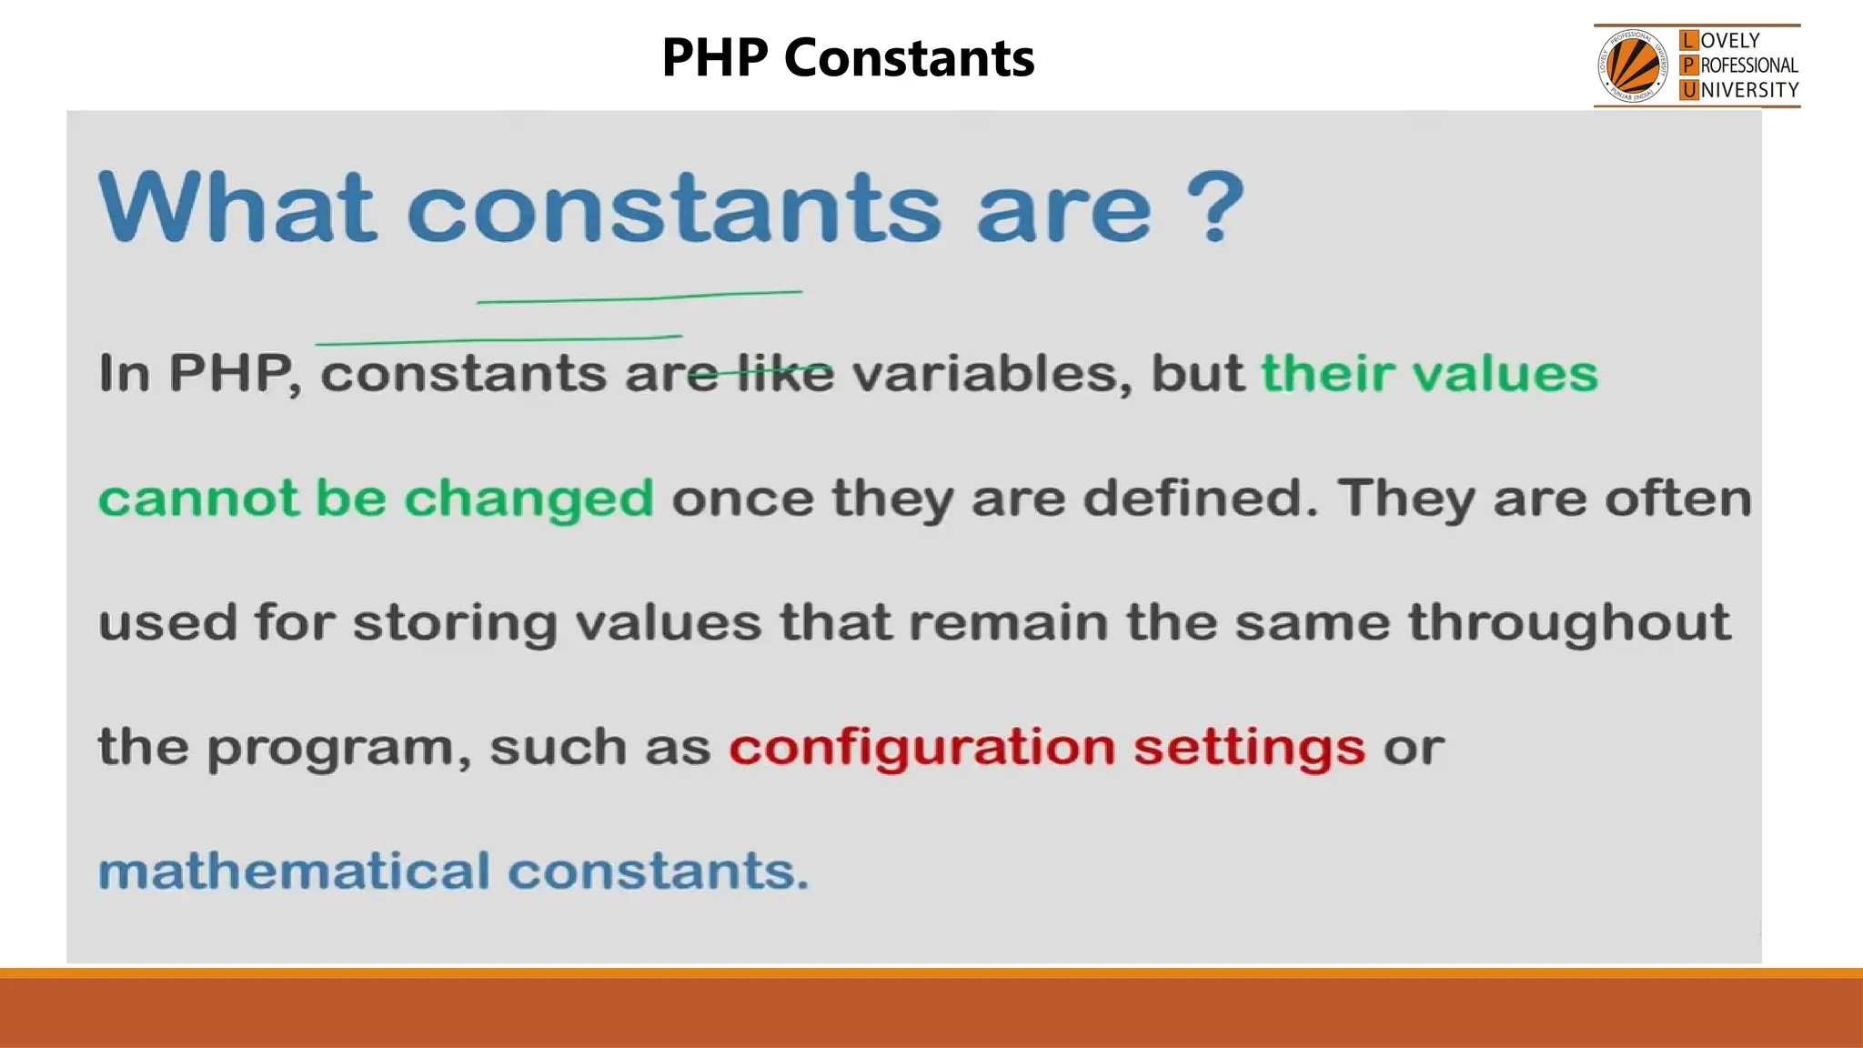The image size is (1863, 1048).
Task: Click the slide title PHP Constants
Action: click(847, 58)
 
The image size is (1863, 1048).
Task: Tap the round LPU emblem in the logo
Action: click(1633, 66)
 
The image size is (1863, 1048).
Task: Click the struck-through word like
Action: click(785, 374)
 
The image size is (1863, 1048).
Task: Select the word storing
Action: click(455, 623)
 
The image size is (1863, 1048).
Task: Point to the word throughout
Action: click(1568, 623)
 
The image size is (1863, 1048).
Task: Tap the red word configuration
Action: click(921, 748)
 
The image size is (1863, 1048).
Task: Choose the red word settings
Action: click(1249, 748)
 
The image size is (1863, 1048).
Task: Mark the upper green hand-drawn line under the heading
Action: click(639, 297)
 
